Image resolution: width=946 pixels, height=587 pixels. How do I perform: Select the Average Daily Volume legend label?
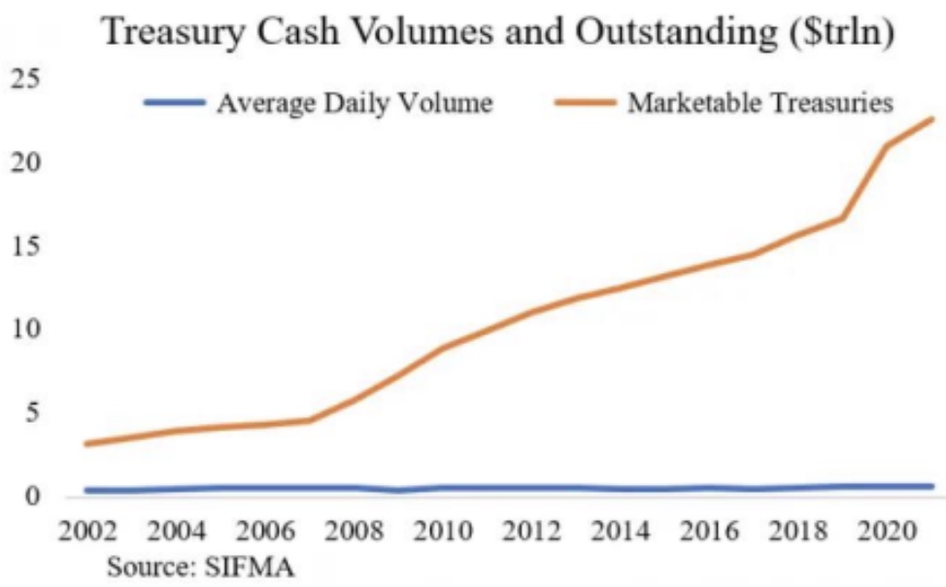[354, 103]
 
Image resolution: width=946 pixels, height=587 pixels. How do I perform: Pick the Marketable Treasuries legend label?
[760, 103]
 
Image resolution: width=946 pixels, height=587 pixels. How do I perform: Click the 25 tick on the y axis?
[23, 81]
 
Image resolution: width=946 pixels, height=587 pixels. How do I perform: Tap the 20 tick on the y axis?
[23, 163]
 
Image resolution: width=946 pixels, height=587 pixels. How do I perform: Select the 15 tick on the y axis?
[23, 247]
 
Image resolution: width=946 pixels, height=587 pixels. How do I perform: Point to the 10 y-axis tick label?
[23, 330]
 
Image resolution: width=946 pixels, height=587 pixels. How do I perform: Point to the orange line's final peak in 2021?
[930, 120]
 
